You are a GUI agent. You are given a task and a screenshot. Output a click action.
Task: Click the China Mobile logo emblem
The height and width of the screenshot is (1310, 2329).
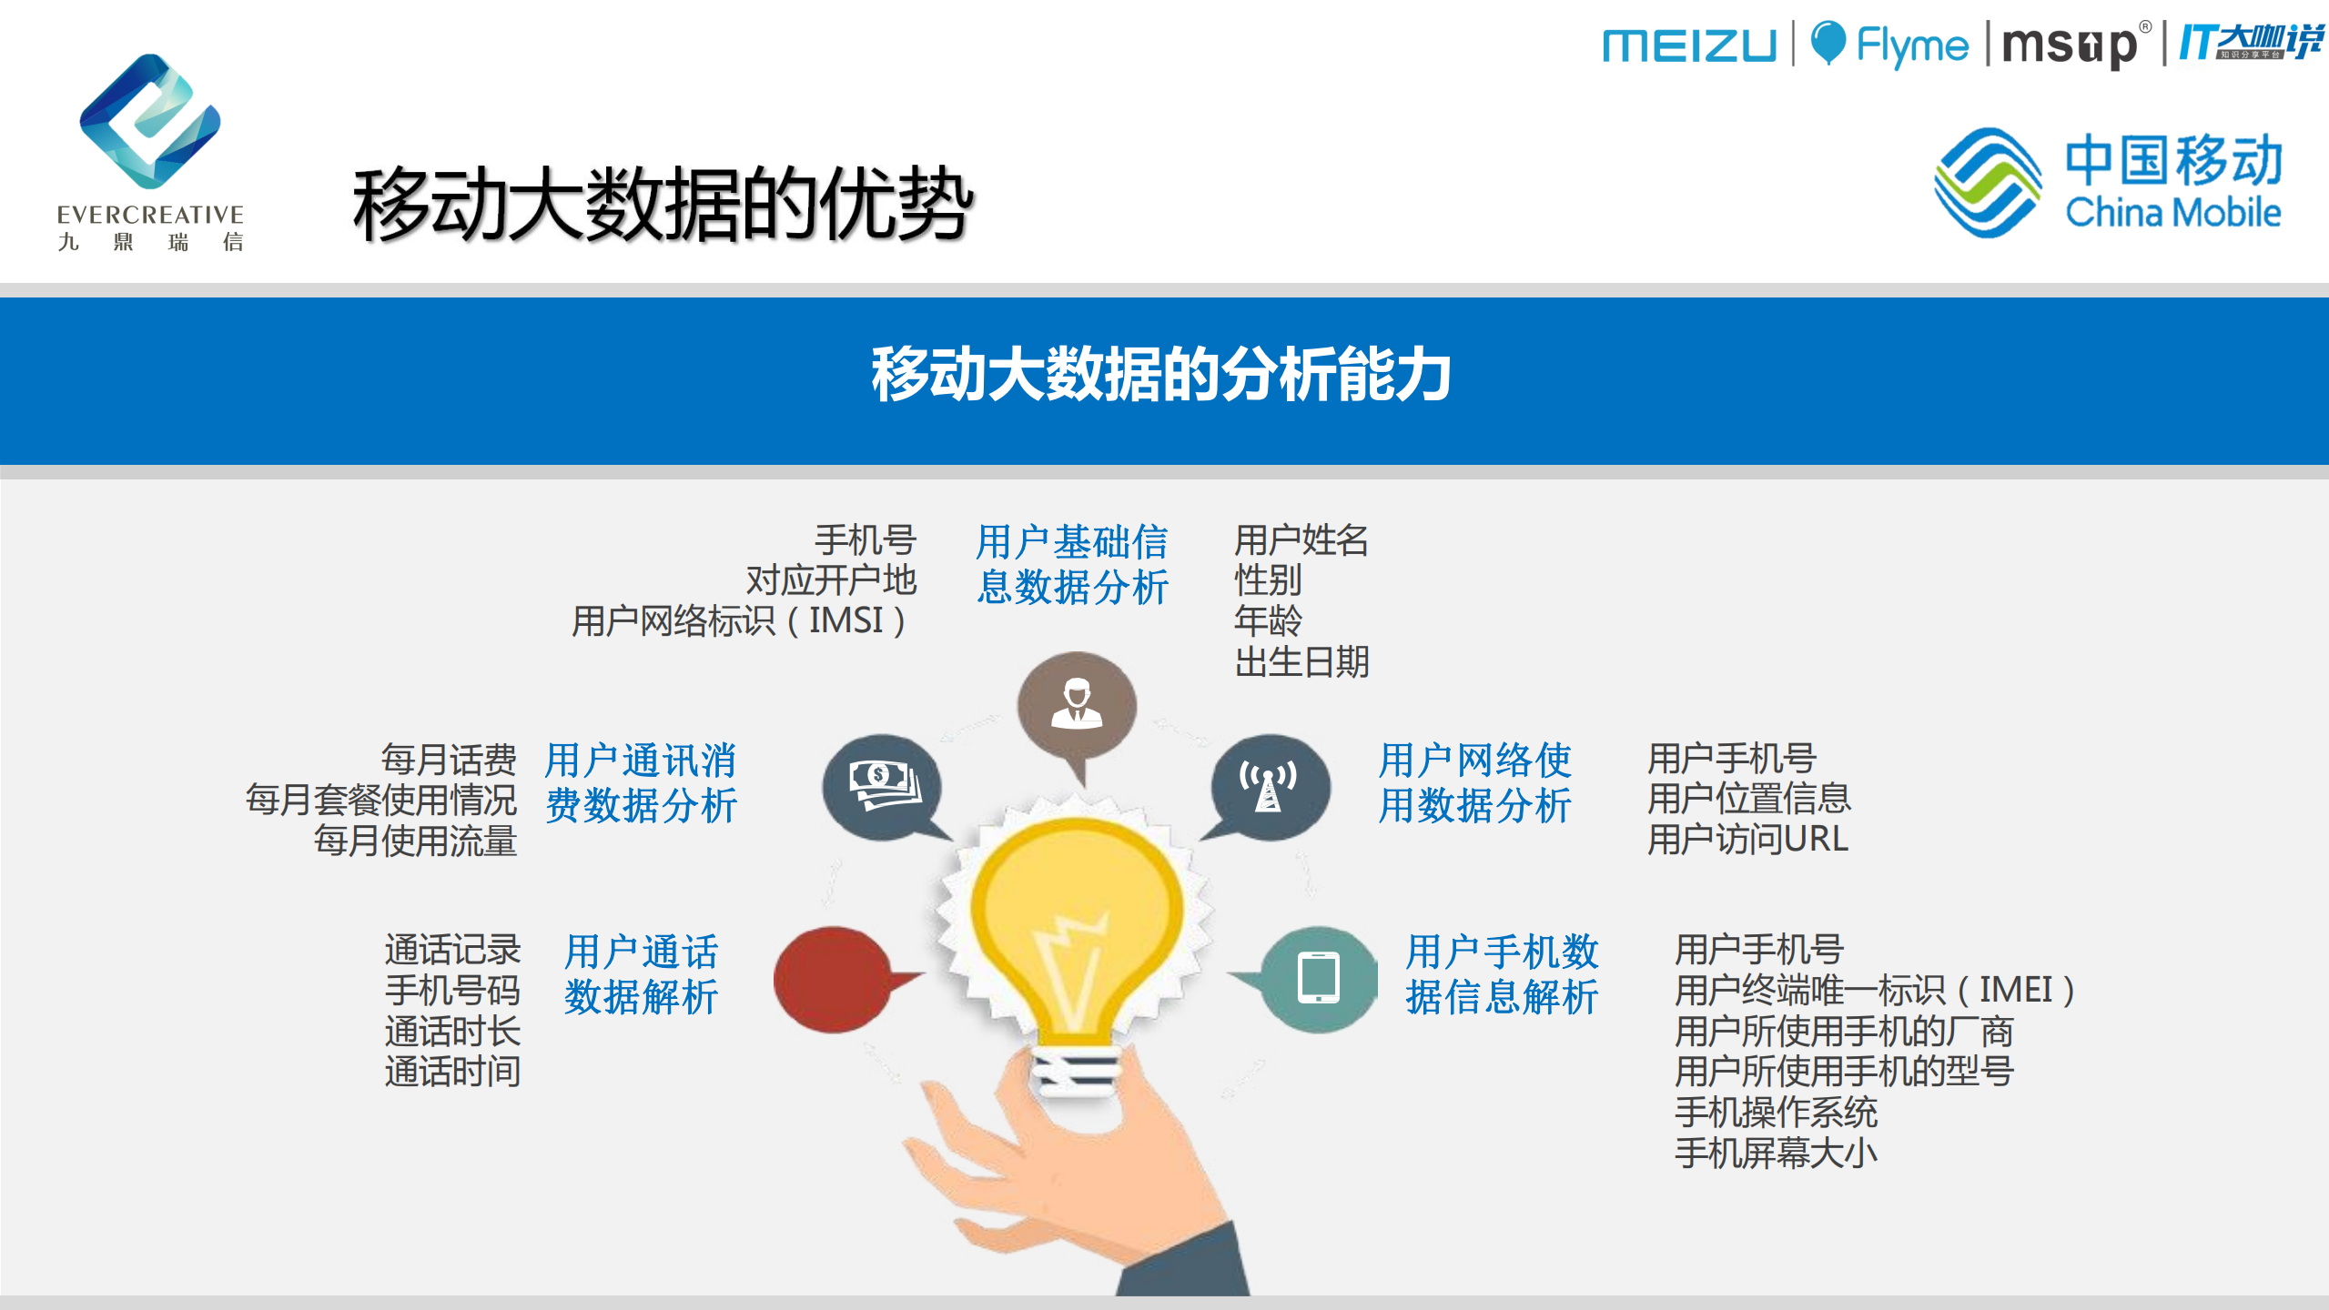click(x=1987, y=182)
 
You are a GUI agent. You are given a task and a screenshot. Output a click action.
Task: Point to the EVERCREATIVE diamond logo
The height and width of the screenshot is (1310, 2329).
click(x=150, y=121)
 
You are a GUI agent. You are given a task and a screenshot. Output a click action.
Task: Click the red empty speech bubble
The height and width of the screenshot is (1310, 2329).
click(x=832, y=979)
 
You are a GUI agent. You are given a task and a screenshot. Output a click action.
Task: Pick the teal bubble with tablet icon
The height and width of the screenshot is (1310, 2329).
click(x=1319, y=979)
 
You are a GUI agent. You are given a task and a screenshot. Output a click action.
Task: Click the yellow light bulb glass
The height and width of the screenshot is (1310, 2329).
click(x=1077, y=928)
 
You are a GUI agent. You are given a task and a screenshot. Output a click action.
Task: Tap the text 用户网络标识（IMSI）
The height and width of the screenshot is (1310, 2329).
click(x=739, y=621)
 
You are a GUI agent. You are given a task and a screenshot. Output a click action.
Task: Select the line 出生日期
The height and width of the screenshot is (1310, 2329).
click(x=1301, y=662)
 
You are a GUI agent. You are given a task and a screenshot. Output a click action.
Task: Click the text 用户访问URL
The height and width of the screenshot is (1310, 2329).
click(x=1747, y=839)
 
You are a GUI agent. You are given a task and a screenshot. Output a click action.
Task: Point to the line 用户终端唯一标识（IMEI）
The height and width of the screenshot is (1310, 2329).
click(x=1875, y=990)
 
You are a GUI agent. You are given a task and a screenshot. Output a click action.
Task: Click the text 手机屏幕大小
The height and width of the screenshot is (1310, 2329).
click(x=1776, y=1154)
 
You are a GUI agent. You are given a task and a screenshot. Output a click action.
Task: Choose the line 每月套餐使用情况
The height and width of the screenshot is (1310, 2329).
click(x=381, y=801)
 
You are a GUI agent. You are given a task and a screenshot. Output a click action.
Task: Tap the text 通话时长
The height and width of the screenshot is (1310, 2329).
click(x=452, y=1032)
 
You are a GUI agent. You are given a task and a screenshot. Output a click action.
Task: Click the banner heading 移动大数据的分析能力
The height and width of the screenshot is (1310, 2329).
click(x=1161, y=375)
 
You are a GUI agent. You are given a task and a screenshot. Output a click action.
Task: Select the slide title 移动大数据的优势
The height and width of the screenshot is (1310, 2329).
click(x=663, y=204)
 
